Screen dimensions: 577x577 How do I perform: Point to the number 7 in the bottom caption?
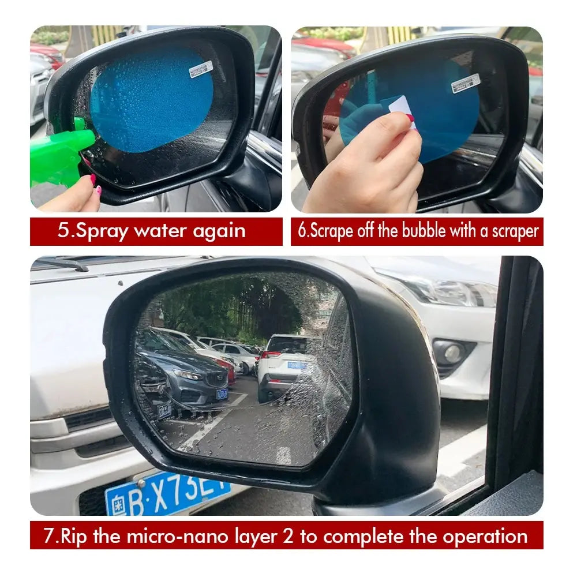(48, 536)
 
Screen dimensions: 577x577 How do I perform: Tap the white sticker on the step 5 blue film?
(201, 69)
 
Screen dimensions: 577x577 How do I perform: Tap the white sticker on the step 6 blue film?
(465, 83)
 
